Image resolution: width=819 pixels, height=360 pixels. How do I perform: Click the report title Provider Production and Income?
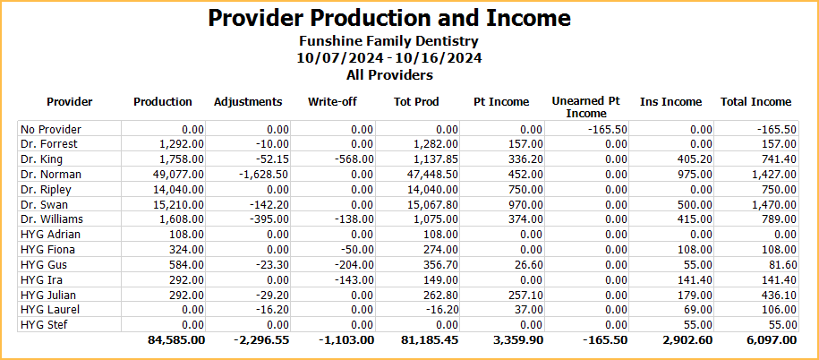[x=389, y=19]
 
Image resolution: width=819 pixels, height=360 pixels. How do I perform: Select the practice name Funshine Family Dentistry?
[x=389, y=41]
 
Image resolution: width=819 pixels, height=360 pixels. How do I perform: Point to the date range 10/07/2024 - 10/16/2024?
[x=389, y=58]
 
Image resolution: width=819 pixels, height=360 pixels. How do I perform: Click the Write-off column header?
[x=332, y=102]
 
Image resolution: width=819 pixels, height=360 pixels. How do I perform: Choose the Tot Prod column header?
[x=416, y=102]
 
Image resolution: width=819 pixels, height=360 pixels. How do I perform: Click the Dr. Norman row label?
[x=51, y=175]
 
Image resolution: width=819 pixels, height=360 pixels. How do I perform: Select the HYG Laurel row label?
[x=50, y=310]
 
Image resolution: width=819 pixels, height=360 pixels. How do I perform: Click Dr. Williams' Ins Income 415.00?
[x=689, y=219]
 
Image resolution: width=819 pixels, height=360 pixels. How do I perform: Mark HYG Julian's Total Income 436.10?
[x=775, y=295]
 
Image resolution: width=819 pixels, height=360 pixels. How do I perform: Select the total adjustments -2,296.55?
[x=261, y=341]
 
